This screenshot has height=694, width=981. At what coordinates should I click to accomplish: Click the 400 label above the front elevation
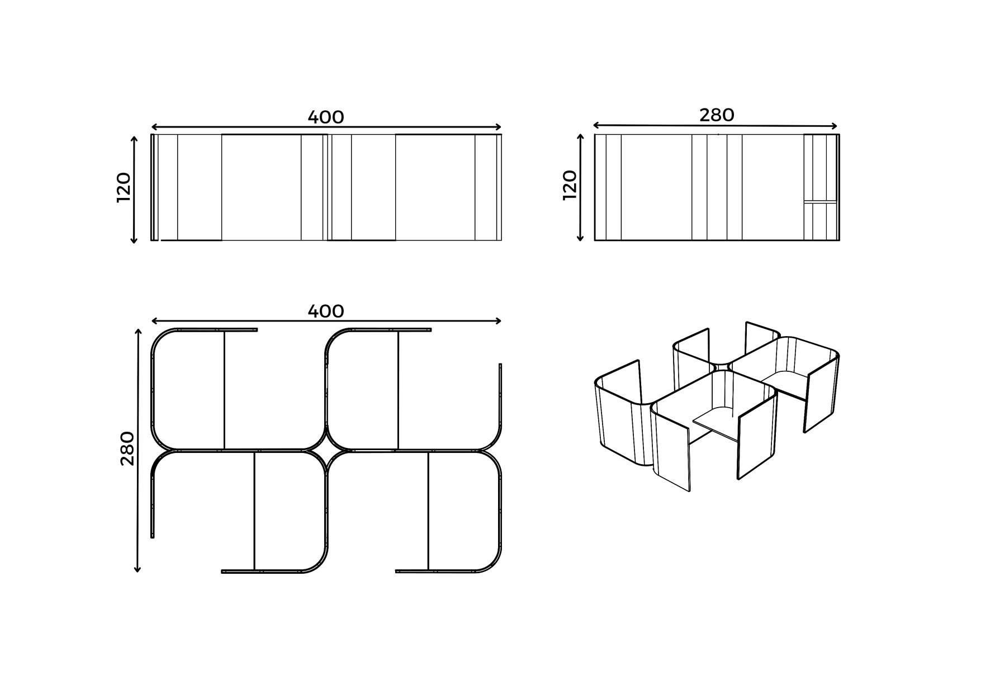(x=326, y=117)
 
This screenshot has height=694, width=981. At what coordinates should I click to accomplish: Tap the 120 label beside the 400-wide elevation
(x=124, y=187)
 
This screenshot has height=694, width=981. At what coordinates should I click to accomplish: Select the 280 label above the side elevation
(x=717, y=115)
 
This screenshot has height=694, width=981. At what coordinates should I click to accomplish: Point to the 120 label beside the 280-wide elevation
(x=570, y=185)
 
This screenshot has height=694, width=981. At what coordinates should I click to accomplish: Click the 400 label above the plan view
(x=326, y=311)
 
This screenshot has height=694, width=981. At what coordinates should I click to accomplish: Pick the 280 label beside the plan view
(x=127, y=448)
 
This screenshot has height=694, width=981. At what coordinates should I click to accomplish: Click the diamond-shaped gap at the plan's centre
(x=326, y=450)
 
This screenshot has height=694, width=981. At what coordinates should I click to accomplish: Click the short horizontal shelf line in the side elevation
(x=820, y=201)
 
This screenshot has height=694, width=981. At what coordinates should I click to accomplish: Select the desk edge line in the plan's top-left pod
(x=224, y=390)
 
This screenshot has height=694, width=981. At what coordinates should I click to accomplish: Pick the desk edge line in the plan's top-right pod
(x=398, y=390)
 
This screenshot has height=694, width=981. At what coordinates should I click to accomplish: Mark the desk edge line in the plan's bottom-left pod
(x=254, y=511)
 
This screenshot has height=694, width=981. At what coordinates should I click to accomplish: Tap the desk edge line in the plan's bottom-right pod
(x=428, y=511)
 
